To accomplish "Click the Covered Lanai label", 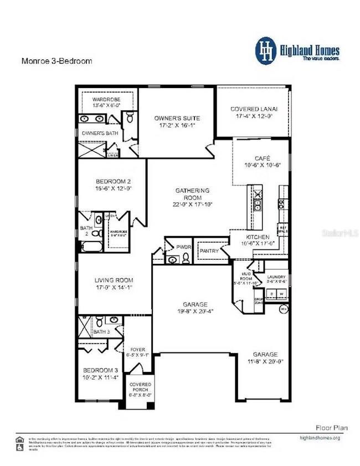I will click(x=253, y=109).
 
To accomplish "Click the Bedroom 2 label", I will click(x=113, y=182).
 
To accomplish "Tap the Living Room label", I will click(x=113, y=280).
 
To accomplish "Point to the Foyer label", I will click(x=137, y=350).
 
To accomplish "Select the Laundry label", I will click(x=276, y=276).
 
